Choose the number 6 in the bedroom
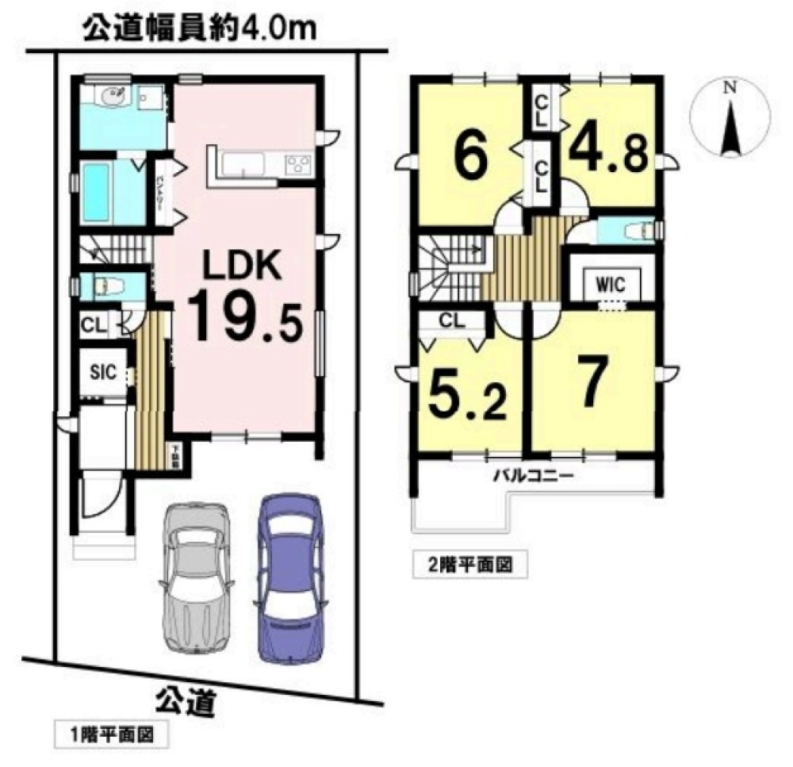470,159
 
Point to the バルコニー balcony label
533,477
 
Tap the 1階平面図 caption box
112,734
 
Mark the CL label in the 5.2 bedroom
450,321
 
